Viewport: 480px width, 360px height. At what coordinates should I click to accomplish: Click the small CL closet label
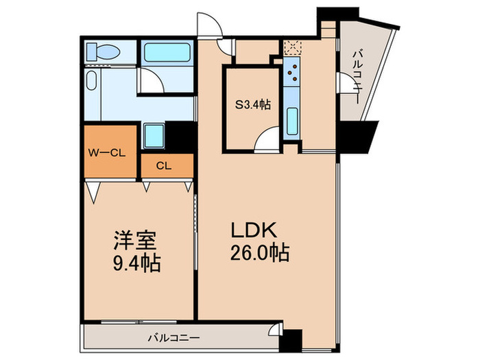click(x=163, y=165)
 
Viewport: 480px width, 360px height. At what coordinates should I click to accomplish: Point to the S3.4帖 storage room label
click(x=252, y=105)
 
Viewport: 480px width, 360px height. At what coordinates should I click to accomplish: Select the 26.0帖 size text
click(x=261, y=252)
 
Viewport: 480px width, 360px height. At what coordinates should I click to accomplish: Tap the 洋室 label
click(x=136, y=241)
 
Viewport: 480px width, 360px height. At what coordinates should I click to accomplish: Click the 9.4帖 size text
click(x=136, y=263)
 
